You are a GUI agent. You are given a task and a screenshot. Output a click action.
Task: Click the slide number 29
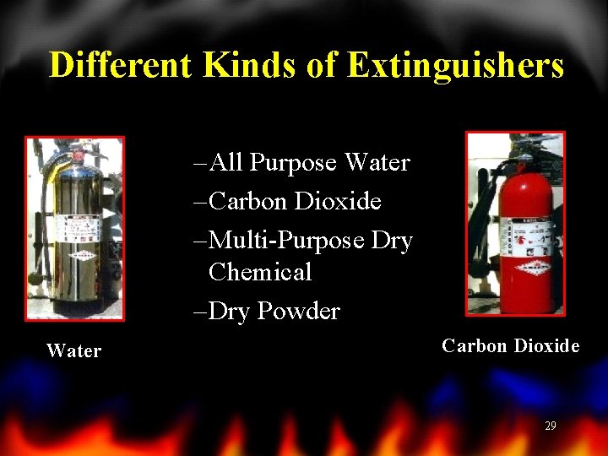tap(551, 426)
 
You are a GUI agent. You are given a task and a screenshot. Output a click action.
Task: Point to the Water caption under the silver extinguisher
tap(74, 351)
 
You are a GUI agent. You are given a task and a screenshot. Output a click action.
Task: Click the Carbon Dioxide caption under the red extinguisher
tap(510, 345)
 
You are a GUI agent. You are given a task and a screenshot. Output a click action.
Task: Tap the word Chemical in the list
tap(260, 272)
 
